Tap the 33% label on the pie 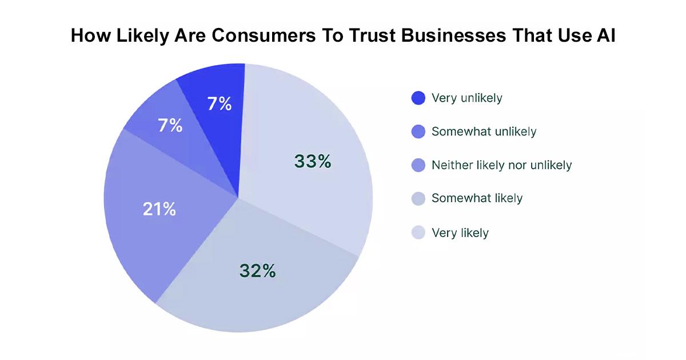[x=313, y=162]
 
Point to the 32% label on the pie [x=257, y=271]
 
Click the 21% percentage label [x=159, y=209]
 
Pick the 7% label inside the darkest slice [x=219, y=104]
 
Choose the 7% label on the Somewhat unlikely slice [x=170, y=126]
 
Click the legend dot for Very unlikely [x=418, y=98]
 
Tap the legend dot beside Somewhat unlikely [x=418, y=132]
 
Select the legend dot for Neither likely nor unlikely [x=418, y=166]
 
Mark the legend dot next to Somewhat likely [x=418, y=199]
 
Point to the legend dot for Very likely [x=418, y=233]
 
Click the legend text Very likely [x=460, y=233]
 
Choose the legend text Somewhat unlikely [x=484, y=132]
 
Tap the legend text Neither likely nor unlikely [x=501, y=166]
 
